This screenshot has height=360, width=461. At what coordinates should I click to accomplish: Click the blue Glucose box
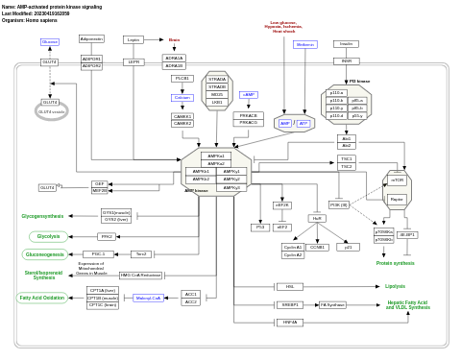tap(49, 42)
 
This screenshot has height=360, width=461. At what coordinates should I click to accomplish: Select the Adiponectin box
tap(91, 39)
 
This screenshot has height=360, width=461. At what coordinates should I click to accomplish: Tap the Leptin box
tap(133, 39)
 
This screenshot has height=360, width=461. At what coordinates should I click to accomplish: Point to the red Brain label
tap(174, 39)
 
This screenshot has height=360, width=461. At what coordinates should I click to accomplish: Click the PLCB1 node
tap(182, 78)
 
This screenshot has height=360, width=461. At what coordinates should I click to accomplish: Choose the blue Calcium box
tap(182, 97)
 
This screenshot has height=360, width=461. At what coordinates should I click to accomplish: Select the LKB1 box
tap(217, 102)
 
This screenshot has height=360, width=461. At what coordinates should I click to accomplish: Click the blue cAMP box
tap(249, 95)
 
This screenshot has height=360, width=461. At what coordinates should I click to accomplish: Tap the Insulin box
tap(347, 43)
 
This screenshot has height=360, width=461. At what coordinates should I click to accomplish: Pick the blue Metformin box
tap(305, 44)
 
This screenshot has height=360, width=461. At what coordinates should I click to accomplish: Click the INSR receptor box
tap(347, 61)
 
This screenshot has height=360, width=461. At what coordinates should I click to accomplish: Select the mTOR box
tap(398, 180)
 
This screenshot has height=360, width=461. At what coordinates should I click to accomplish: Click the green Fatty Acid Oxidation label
tap(42, 298)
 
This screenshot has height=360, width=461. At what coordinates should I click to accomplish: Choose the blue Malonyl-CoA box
tap(148, 298)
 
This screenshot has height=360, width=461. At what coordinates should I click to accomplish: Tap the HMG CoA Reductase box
tap(140, 276)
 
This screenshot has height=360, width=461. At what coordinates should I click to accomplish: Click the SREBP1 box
tap(289, 304)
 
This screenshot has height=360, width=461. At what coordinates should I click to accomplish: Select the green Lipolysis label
tap(395, 286)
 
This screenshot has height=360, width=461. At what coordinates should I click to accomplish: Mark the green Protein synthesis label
tap(395, 263)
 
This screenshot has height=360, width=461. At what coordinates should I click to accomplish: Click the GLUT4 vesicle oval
tap(51, 111)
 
